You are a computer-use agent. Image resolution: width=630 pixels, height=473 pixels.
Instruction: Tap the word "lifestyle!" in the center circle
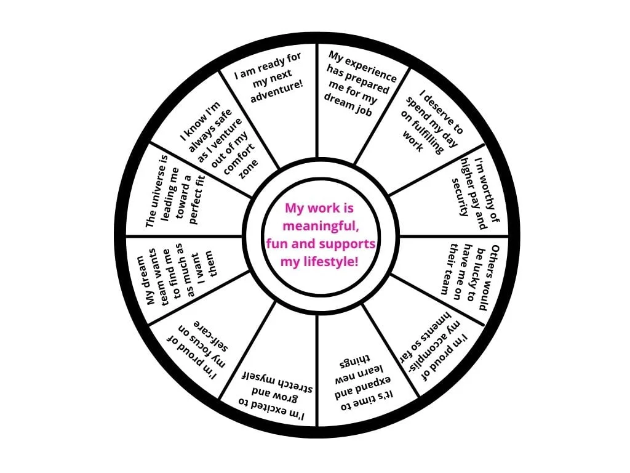(x=333, y=262)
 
